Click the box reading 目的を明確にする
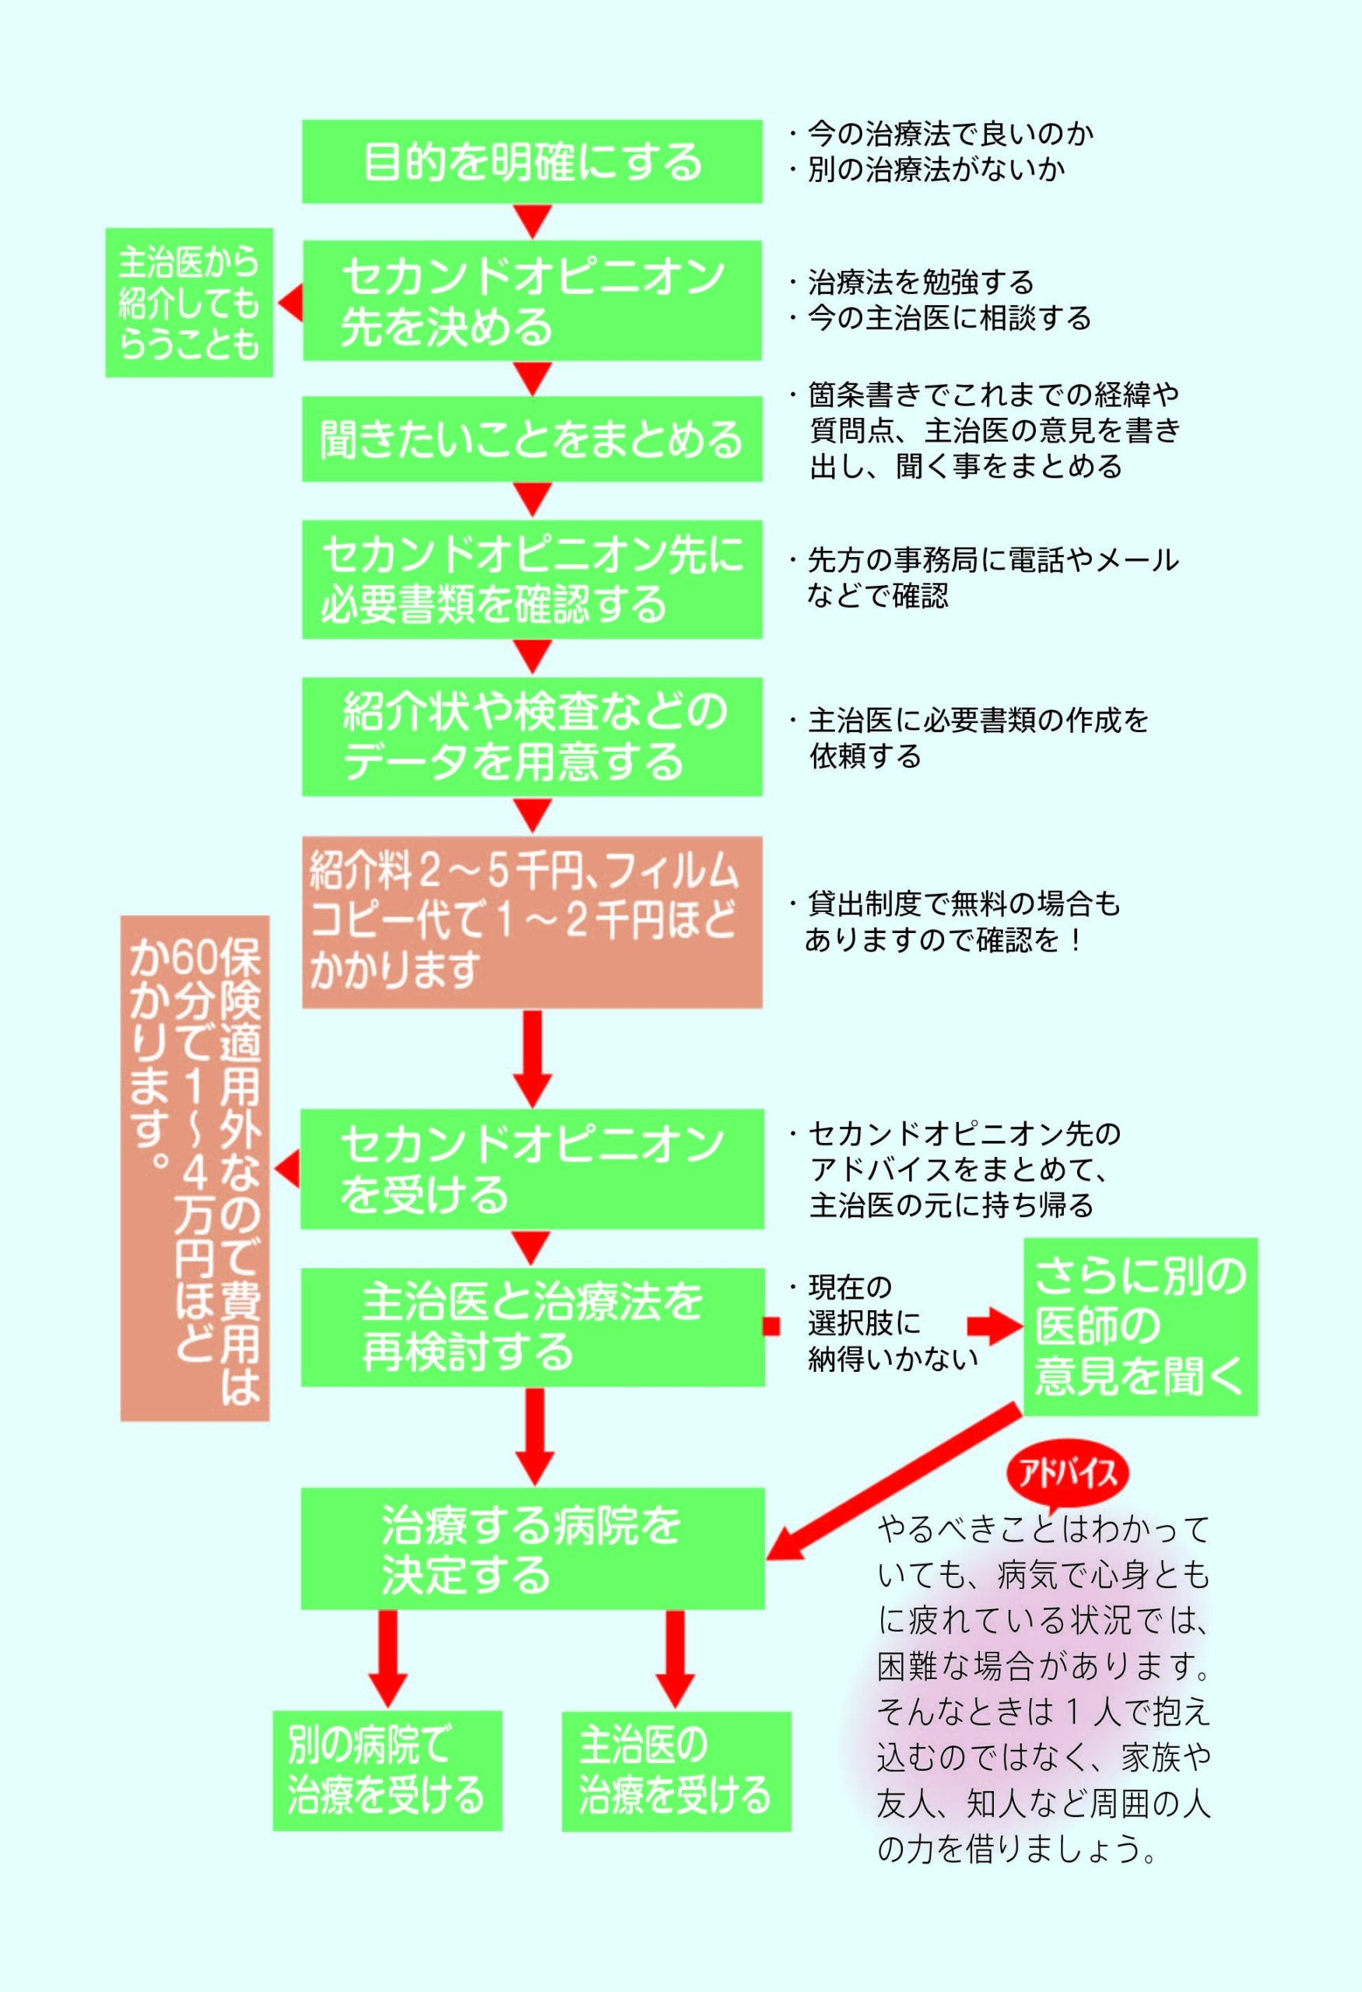(532, 161)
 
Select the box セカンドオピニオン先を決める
(532, 300)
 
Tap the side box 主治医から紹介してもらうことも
(188, 303)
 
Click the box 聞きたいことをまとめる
(532, 439)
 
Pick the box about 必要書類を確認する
(532, 580)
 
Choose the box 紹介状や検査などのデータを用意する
(532, 737)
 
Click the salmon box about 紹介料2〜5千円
(532, 921)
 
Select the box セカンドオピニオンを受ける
(532, 1170)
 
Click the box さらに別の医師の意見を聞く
(1140, 1326)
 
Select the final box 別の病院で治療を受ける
(388, 1771)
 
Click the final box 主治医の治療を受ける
(676, 1771)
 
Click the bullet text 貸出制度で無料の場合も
(960, 903)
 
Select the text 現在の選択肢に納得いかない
(891, 1324)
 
